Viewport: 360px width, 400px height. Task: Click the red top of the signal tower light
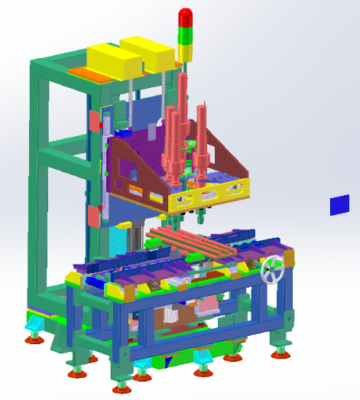coord(186,16)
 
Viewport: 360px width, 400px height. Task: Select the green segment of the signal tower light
coord(185,34)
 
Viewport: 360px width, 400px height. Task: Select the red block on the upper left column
coord(95,121)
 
